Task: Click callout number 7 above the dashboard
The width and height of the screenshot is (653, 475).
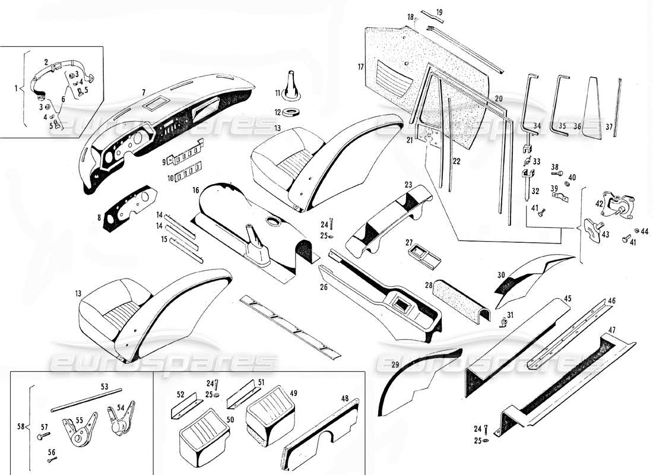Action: tap(144, 91)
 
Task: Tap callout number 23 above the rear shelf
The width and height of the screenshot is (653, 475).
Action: tap(408, 185)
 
